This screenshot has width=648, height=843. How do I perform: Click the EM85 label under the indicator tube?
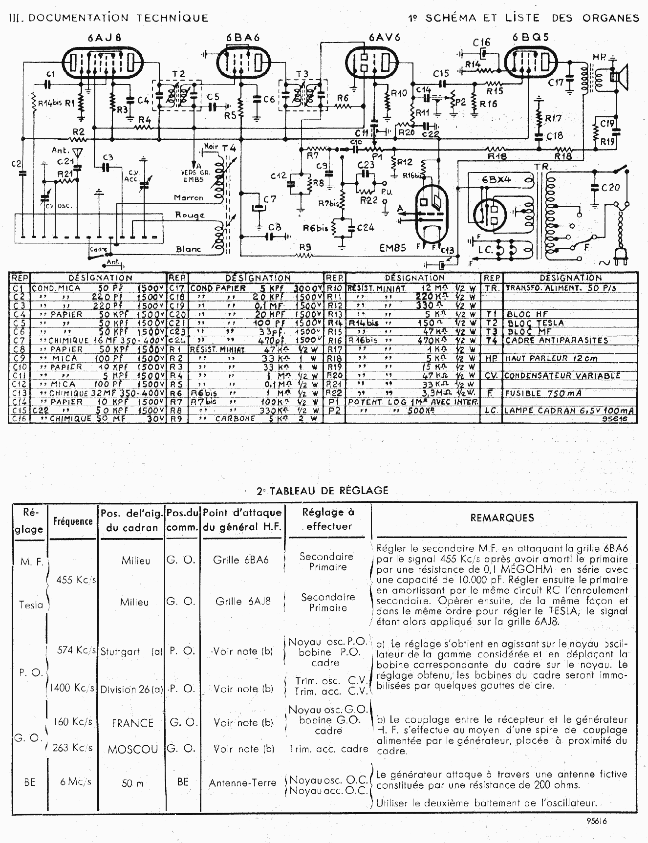[393, 248]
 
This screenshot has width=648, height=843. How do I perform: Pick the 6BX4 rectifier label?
[497, 179]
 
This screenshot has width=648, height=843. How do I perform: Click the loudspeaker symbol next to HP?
[620, 78]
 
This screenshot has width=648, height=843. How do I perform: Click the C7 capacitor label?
[270, 199]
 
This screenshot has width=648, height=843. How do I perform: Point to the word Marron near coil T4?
[189, 198]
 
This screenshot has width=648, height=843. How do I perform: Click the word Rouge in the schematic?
[190, 215]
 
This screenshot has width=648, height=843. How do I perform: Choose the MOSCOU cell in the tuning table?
[133, 749]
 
